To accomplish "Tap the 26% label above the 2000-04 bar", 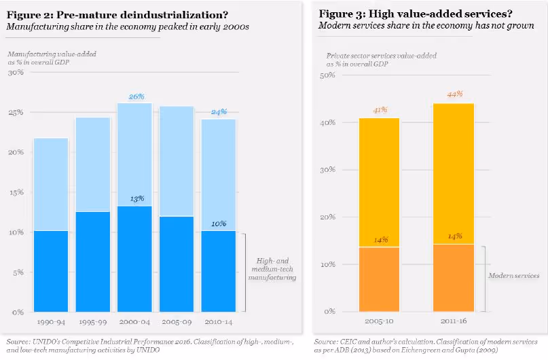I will coord(136,96).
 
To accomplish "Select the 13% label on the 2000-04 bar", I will coord(136,198).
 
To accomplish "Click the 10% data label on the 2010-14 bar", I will coord(219,223).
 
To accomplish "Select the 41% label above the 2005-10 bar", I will coord(379,110).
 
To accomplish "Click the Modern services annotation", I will coord(513,276).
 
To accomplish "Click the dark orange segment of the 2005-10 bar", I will coord(379,279).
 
